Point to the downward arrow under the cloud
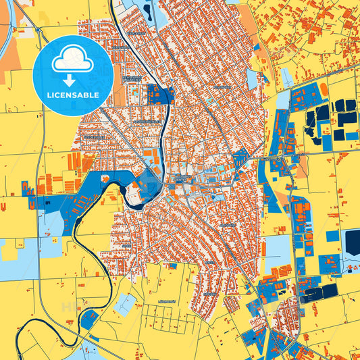70,79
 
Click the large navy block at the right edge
352,243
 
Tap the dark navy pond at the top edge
147,9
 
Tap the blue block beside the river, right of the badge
159,94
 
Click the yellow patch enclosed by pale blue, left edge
10,249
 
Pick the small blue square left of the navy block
332,236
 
